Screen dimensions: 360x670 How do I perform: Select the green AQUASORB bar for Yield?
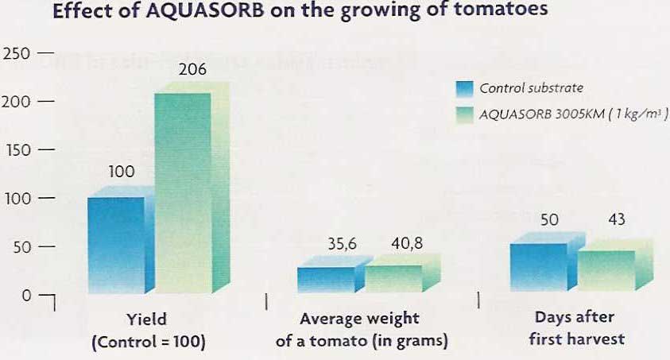point(182,191)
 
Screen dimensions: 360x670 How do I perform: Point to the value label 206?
point(192,70)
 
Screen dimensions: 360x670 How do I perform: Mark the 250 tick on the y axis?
point(17,53)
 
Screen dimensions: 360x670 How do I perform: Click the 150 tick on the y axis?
point(17,150)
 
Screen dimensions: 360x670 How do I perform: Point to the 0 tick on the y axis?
point(26,295)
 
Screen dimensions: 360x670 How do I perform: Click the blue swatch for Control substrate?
point(465,88)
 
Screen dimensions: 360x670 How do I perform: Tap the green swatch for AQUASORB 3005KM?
point(465,113)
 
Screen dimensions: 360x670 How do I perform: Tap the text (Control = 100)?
point(148,343)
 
